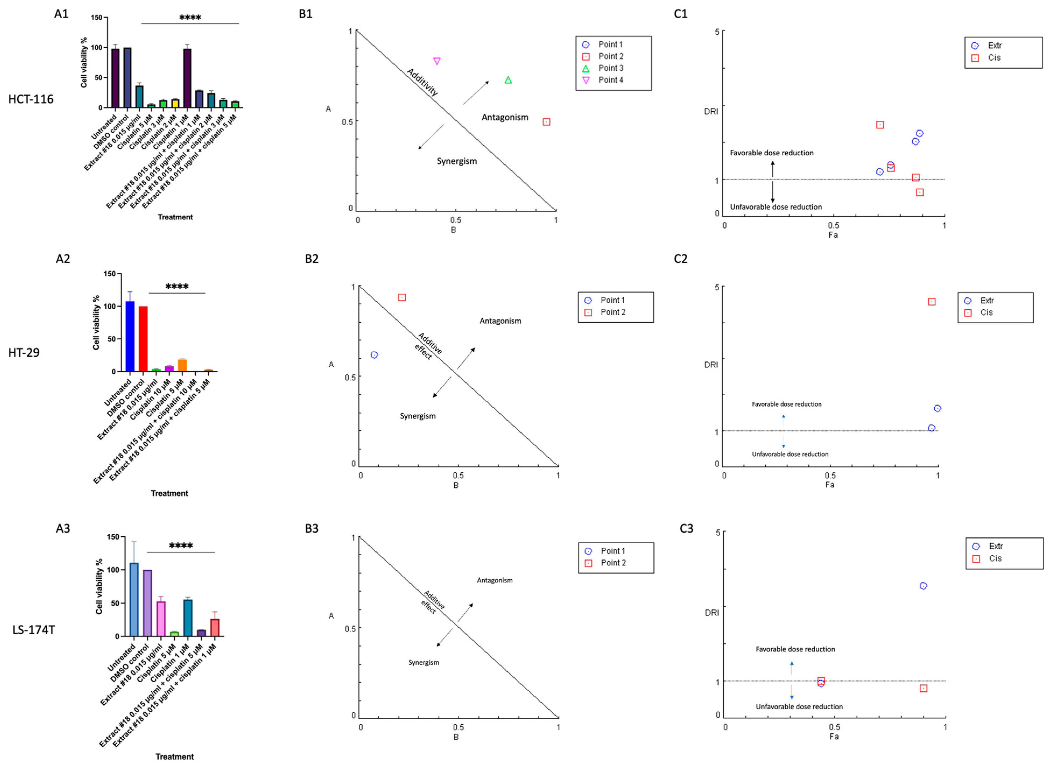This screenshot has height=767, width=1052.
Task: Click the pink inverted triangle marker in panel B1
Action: click(x=437, y=61)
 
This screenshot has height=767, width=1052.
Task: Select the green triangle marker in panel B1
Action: click(x=508, y=80)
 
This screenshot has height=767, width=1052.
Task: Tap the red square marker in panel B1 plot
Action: click(x=546, y=122)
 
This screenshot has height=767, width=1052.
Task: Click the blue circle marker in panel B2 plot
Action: click(x=374, y=355)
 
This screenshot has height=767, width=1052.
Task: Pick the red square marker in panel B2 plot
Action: click(x=402, y=297)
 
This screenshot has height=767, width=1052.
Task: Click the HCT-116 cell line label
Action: click(x=31, y=99)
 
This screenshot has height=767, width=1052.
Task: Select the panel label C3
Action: click(x=686, y=528)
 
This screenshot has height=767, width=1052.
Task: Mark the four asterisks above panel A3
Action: click(x=181, y=546)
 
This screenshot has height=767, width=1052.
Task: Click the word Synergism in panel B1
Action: click(x=456, y=161)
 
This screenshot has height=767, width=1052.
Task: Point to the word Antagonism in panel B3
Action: click(x=494, y=580)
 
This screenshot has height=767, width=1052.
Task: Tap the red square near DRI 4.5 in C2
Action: click(x=931, y=302)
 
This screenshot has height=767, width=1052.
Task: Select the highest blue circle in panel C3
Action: click(x=923, y=586)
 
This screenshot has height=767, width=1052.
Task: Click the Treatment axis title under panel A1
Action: click(x=175, y=217)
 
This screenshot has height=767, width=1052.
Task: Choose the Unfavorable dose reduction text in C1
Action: click(x=776, y=207)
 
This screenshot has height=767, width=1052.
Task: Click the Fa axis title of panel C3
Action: click(x=834, y=736)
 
